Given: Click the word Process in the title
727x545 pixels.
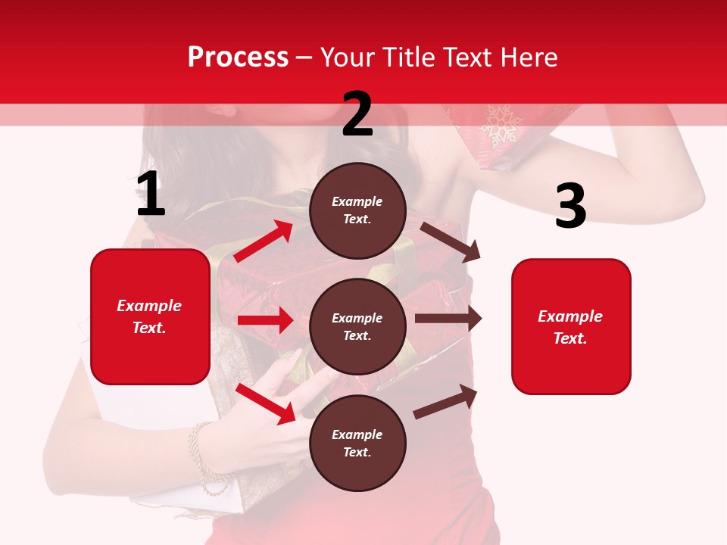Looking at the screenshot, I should pyautogui.click(x=238, y=58).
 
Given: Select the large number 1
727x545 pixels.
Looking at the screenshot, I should pyautogui.click(x=151, y=195).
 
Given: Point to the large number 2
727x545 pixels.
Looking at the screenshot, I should pyautogui.click(x=357, y=114).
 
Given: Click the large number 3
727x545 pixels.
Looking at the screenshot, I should pyautogui.click(x=570, y=206).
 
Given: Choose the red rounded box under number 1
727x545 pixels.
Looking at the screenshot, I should pyautogui.click(x=150, y=316).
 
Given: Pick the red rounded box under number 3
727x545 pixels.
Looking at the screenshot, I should pyautogui.click(x=571, y=326).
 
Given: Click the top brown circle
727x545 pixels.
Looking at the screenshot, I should pyautogui.click(x=357, y=210).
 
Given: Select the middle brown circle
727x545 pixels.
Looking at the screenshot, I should pyautogui.click(x=357, y=326).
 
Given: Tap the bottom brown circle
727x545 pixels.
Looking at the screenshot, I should pyautogui.click(x=357, y=443).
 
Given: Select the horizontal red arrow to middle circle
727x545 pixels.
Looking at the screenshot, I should pyautogui.click(x=265, y=320).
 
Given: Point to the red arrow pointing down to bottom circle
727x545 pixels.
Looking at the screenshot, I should pyautogui.click(x=266, y=404).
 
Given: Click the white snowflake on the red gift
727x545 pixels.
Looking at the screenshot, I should pyautogui.click(x=500, y=126).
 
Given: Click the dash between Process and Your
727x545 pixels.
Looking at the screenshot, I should pyautogui.click(x=304, y=58).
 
